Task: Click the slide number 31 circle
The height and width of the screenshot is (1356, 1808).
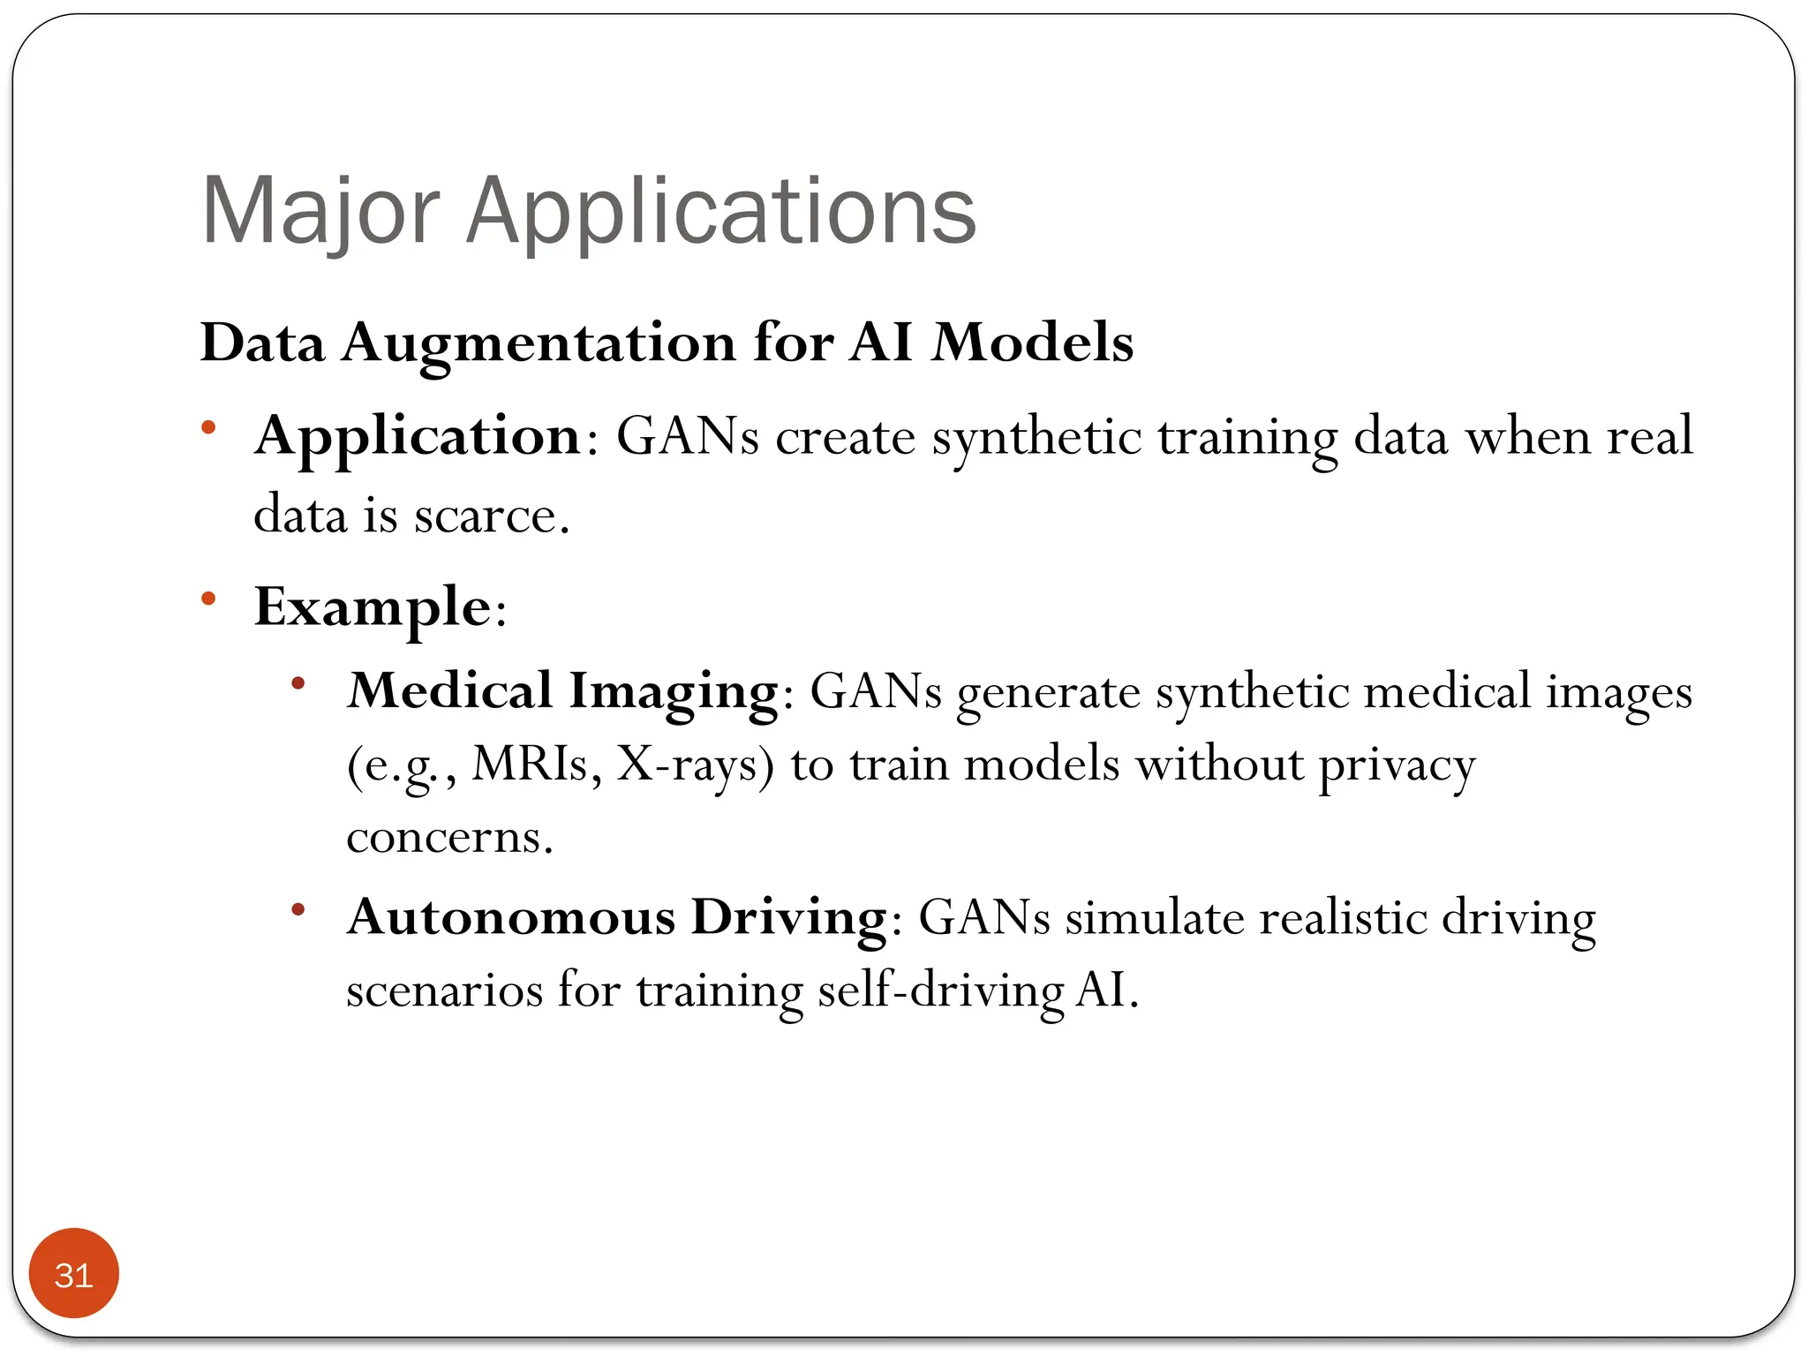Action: [73, 1273]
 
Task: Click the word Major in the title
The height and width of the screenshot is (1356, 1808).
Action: [320, 212]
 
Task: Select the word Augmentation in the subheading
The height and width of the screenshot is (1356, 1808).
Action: [539, 343]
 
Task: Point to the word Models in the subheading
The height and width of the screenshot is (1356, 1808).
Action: [1032, 343]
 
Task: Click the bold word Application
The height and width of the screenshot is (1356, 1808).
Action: [417, 436]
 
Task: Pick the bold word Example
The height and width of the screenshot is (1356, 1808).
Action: [373, 607]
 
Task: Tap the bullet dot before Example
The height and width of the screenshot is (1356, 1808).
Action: [208, 599]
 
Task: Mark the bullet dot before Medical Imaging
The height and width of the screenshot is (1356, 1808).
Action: [298, 682]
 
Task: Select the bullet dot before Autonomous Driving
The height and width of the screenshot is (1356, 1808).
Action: [298, 908]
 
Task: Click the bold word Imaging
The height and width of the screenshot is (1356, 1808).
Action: [674, 691]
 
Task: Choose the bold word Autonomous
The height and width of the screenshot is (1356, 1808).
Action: [511, 917]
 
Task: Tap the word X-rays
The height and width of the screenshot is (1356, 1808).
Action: [694, 765]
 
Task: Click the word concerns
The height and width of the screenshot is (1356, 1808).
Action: [448, 837]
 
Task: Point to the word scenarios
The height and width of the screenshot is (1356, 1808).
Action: [444, 991]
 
